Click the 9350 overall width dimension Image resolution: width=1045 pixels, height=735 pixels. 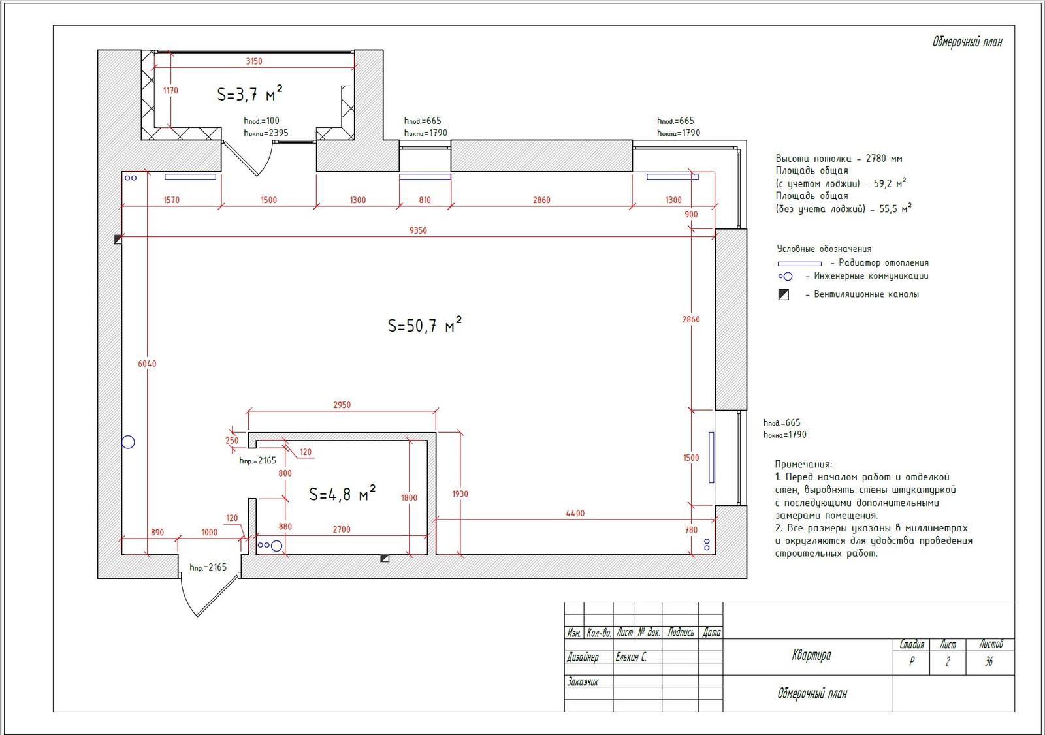click(418, 230)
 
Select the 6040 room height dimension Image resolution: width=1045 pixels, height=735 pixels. click(147, 364)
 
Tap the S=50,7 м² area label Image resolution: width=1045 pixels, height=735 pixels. click(425, 324)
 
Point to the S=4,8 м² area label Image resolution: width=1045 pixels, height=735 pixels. click(342, 493)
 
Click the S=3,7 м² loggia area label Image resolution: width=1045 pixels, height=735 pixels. click(249, 93)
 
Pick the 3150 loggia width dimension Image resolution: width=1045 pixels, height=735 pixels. click(254, 61)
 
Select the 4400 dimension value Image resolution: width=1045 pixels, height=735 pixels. click(575, 514)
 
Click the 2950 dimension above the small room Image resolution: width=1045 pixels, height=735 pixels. click(342, 405)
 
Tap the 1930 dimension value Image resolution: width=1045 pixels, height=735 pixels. click(460, 494)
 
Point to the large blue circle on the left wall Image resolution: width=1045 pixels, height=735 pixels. click(128, 442)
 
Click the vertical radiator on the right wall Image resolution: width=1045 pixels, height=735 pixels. click(711, 457)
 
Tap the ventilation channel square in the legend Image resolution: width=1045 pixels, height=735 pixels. click(784, 295)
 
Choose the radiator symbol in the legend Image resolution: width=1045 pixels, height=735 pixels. click(799, 264)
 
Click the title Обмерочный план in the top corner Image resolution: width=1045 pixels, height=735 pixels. click(967, 42)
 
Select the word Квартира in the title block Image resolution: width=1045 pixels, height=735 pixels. click(811, 655)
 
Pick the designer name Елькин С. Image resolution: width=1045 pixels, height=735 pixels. click(631, 657)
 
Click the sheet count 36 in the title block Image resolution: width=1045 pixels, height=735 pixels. click(989, 661)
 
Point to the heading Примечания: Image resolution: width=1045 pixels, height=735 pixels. click(803, 465)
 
